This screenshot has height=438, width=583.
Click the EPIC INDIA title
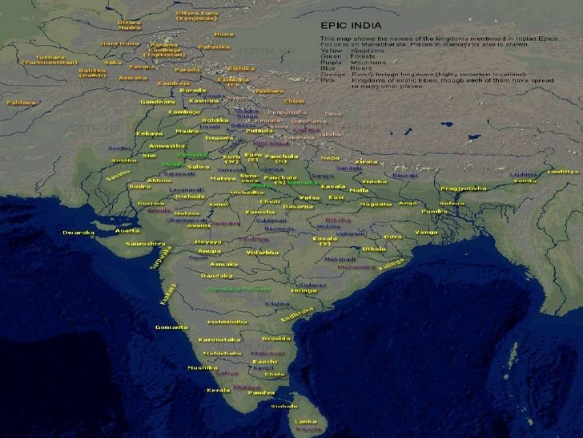[351, 25]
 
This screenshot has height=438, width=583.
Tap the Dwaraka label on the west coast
[78, 233]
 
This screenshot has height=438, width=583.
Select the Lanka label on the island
[306, 421]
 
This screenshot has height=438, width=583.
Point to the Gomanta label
[171, 327]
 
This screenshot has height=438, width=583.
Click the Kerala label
[218, 390]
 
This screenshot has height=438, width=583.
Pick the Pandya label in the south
[261, 393]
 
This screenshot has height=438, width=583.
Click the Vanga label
[425, 232]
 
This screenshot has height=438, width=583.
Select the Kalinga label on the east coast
[392, 263]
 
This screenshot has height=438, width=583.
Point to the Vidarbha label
[263, 253]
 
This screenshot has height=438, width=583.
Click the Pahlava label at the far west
[22, 103]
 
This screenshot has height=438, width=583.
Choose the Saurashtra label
[145, 243]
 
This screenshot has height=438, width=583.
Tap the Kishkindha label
[227, 322]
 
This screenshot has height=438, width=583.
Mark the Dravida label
[276, 339]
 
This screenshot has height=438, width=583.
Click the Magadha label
[375, 205]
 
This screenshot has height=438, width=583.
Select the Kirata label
[366, 161]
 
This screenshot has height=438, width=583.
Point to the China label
[295, 102]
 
